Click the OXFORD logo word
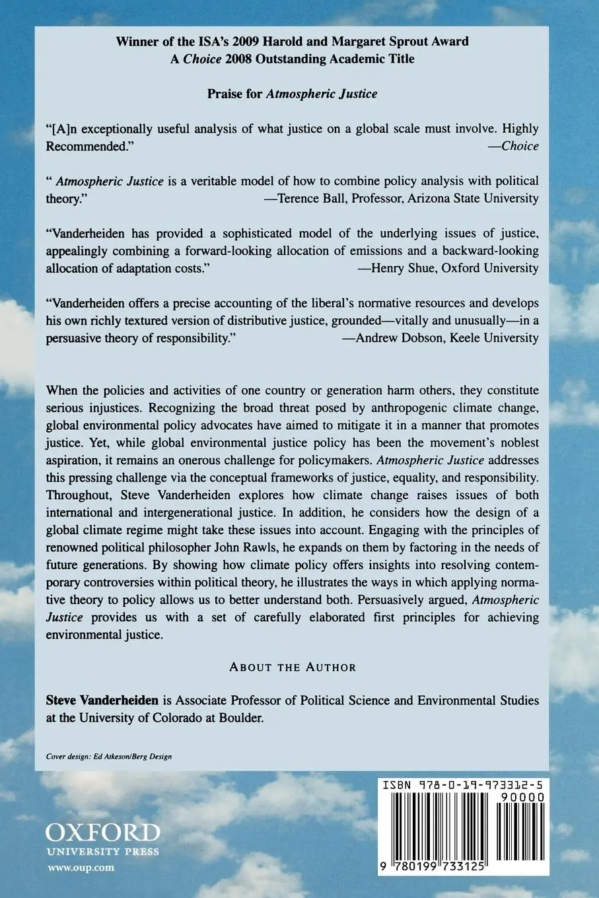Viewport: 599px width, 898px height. [102, 831]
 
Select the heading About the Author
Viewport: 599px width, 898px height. [293, 667]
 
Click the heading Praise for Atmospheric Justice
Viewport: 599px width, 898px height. [293, 94]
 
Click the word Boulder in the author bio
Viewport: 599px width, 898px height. [240, 718]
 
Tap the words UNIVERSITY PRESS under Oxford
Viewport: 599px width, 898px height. [102, 851]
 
